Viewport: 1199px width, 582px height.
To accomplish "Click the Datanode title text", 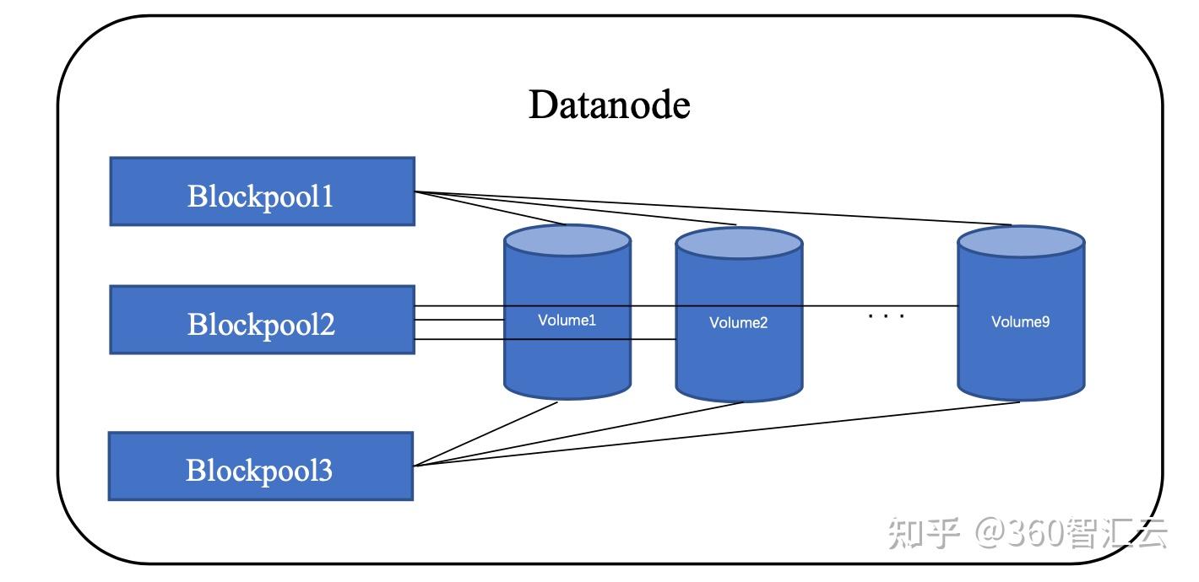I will pos(609,105).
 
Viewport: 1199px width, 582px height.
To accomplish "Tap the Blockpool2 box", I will pos(262,320).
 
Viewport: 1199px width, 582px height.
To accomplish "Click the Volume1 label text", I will pos(567,321).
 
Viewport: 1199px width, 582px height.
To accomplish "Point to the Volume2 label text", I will pos(738,322).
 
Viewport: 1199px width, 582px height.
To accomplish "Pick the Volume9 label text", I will pos(1020,321).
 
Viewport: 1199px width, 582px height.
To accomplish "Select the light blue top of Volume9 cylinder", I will pos(1020,242).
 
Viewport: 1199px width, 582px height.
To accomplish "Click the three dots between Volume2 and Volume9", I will pos(886,316).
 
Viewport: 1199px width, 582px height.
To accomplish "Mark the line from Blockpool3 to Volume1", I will pos(490,434).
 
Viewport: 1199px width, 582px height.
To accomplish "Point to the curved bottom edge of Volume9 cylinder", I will pos(1020,398).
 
